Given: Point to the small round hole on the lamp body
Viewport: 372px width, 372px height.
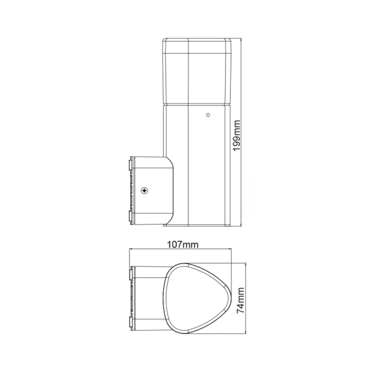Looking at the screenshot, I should (x=208, y=115).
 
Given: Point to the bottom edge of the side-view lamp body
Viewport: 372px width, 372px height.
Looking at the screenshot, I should (x=198, y=226).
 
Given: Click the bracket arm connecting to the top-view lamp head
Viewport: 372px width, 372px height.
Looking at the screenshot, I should (x=149, y=298).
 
